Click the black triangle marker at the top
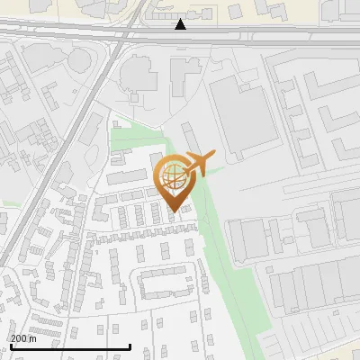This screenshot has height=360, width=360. click(x=181, y=24)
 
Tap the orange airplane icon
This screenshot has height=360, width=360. click(x=198, y=163)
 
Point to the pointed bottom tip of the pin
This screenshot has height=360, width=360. click(x=173, y=211)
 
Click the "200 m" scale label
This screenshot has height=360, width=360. click(x=23, y=338)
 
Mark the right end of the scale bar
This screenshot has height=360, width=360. click(x=130, y=346)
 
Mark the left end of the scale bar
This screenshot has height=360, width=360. click(x=11, y=346)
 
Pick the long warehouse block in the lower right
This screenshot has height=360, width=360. click(x=310, y=288)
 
